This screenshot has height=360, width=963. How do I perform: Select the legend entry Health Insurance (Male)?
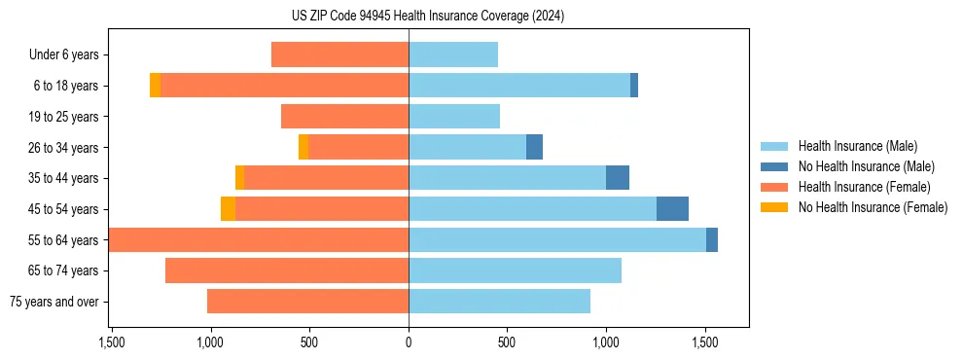tap(857, 146)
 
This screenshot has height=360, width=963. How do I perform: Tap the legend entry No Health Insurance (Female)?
tap(873, 207)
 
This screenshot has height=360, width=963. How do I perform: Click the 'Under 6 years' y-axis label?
tap(64, 55)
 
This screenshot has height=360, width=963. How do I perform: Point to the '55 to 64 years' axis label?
tap(62, 240)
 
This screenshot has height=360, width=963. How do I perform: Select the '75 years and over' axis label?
tap(54, 302)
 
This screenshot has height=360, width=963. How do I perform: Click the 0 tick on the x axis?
tap(409, 342)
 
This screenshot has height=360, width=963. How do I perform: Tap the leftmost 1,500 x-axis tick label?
tap(112, 342)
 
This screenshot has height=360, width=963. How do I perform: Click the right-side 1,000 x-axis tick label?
tap(606, 342)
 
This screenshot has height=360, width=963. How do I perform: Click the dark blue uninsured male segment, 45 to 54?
tap(672, 209)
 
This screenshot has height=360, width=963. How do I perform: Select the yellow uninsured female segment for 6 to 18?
tap(155, 86)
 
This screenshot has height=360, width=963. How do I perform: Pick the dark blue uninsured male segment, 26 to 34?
tap(534, 147)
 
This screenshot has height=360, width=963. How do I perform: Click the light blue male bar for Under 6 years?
tap(453, 54)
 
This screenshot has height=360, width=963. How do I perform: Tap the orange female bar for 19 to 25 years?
tap(344, 117)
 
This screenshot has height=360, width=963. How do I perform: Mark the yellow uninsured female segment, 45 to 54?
tap(228, 209)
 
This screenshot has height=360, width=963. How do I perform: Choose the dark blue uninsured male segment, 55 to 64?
tap(712, 240)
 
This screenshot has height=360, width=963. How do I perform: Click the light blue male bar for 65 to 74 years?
tap(515, 270)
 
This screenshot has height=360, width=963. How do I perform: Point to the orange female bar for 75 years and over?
tap(307, 302)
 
